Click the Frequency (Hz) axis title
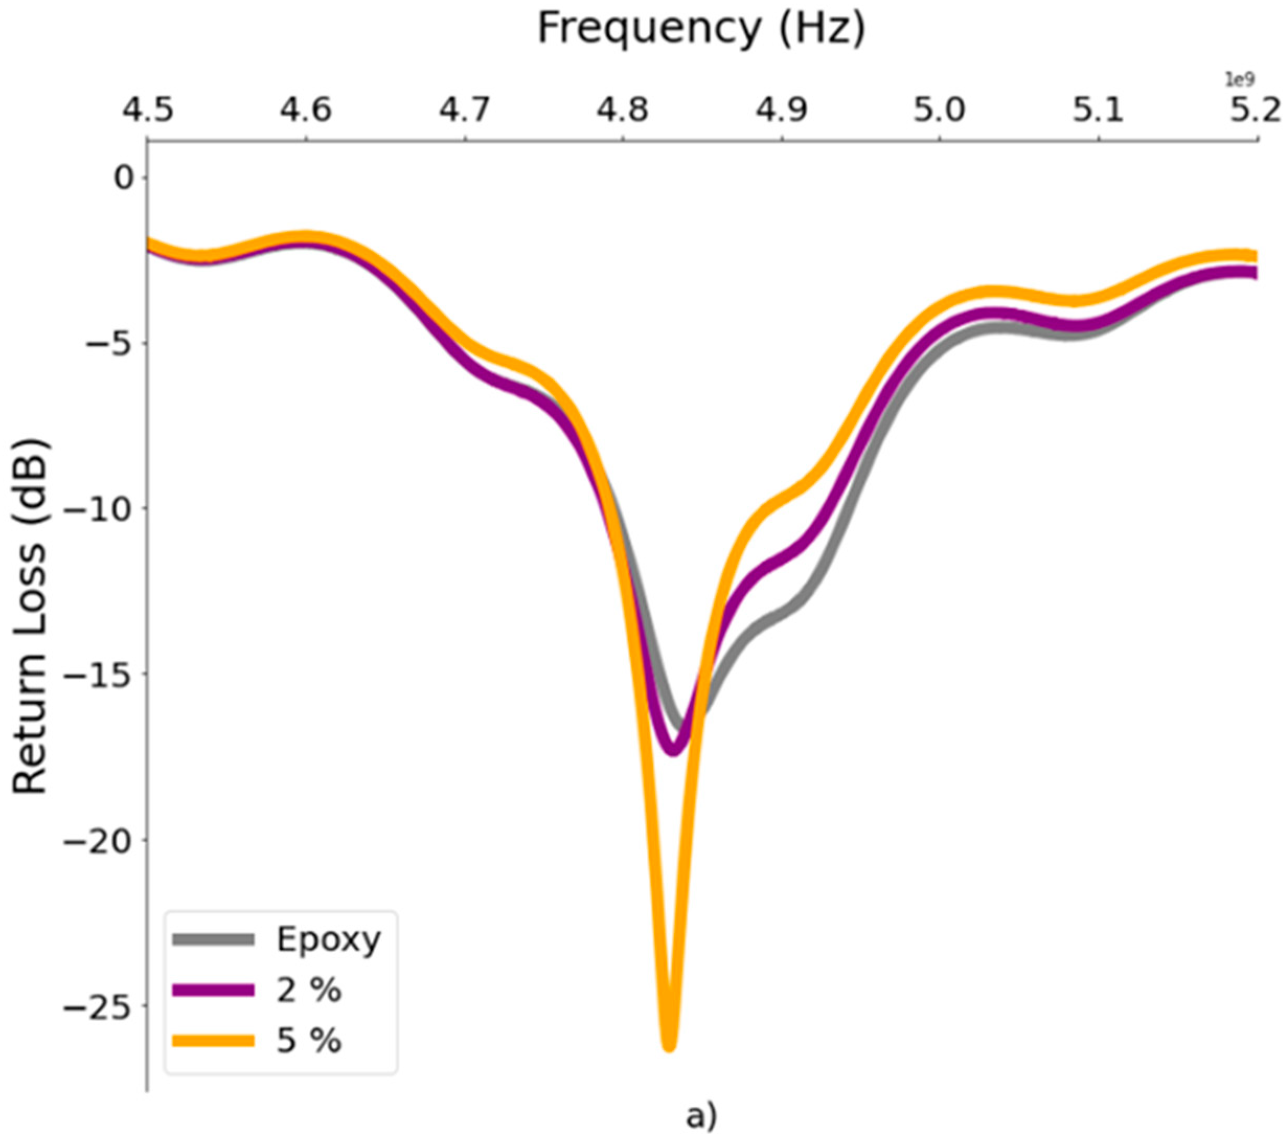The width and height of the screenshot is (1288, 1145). (701, 29)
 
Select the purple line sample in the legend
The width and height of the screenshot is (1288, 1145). (213, 990)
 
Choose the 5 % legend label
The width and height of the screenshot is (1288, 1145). (309, 1040)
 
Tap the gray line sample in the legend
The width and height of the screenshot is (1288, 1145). (213, 940)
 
